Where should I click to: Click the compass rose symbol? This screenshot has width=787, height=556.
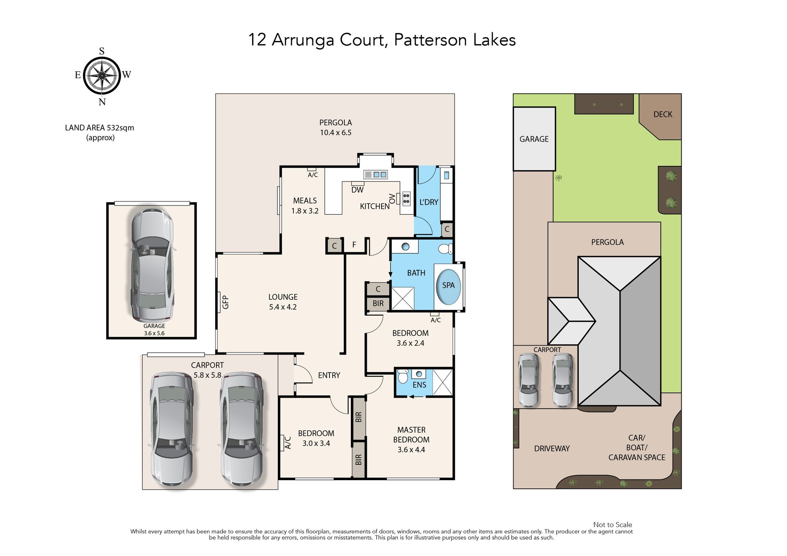(x=102, y=76)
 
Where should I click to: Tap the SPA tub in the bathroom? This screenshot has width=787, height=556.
(x=448, y=287)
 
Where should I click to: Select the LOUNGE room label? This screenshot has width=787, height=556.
(x=283, y=297)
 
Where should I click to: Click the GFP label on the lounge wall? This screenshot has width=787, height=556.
(x=225, y=302)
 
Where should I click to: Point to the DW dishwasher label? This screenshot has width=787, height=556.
(x=357, y=190)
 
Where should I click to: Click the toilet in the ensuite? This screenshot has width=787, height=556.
(x=403, y=376)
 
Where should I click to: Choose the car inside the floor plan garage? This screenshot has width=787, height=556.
(x=152, y=264)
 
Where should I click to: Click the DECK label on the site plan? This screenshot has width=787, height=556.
(x=663, y=115)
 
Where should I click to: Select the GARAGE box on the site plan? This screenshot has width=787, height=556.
(x=534, y=139)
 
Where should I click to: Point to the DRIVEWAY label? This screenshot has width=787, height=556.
(x=552, y=449)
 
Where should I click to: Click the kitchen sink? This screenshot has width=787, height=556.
(x=375, y=175)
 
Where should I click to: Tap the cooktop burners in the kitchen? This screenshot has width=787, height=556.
(x=406, y=199)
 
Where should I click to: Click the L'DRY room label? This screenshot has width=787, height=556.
(x=429, y=202)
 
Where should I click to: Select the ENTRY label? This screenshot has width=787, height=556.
(x=329, y=375)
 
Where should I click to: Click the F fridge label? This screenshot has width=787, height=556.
(x=354, y=245)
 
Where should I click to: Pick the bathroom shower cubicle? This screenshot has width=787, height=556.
(x=403, y=298)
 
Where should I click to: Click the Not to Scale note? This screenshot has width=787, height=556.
(x=612, y=525)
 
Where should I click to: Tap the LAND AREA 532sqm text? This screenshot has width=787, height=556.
(x=100, y=128)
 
